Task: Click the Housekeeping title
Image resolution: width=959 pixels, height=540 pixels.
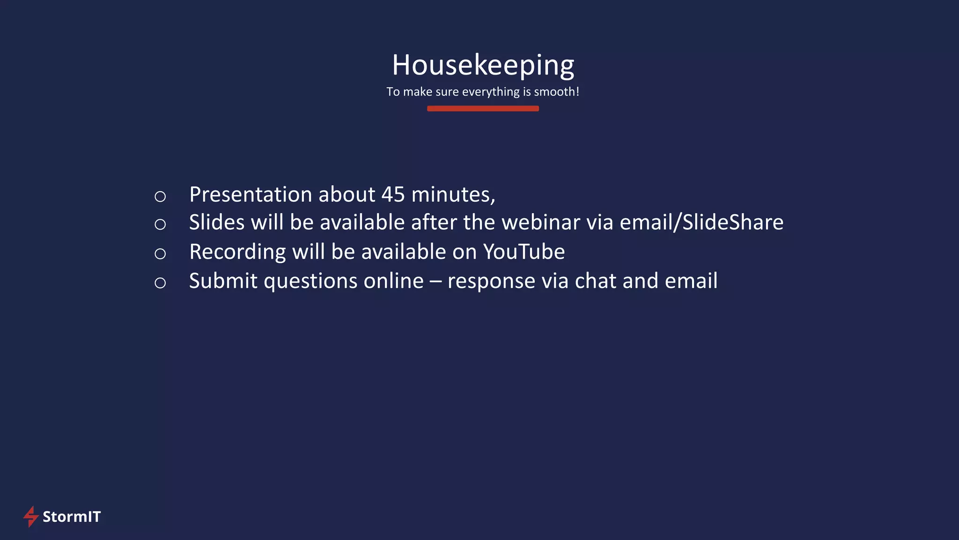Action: [x=483, y=65]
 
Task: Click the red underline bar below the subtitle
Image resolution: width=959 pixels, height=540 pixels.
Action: [x=483, y=109]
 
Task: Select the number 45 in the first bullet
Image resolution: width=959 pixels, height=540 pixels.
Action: [x=393, y=195]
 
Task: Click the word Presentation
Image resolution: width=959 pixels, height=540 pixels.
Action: [x=250, y=195]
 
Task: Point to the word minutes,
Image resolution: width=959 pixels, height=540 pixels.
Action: [x=453, y=195]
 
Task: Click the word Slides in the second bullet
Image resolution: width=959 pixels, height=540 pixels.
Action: [x=216, y=223]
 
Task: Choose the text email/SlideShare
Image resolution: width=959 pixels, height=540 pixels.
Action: [x=701, y=223]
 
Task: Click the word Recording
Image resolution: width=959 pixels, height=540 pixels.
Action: [x=237, y=252]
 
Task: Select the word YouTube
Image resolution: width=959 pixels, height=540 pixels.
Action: [x=524, y=252]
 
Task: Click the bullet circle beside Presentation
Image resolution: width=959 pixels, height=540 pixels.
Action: [x=160, y=196]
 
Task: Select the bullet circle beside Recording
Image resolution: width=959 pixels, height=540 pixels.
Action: [x=160, y=254]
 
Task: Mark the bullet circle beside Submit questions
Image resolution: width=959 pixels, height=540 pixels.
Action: [x=160, y=283]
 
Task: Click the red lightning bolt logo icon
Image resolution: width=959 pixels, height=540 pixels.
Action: [x=31, y=516]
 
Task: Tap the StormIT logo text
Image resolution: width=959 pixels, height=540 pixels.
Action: [x=72, y=517]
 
